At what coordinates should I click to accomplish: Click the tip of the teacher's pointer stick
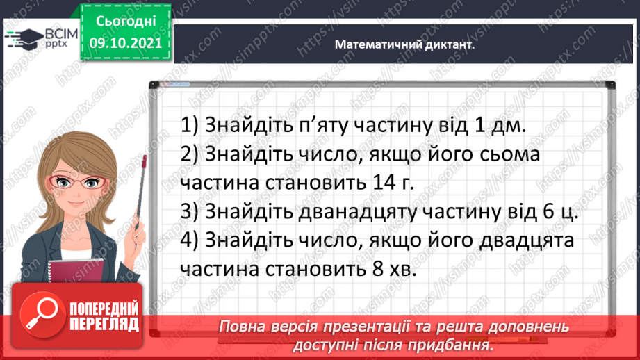[x=145, y=159]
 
